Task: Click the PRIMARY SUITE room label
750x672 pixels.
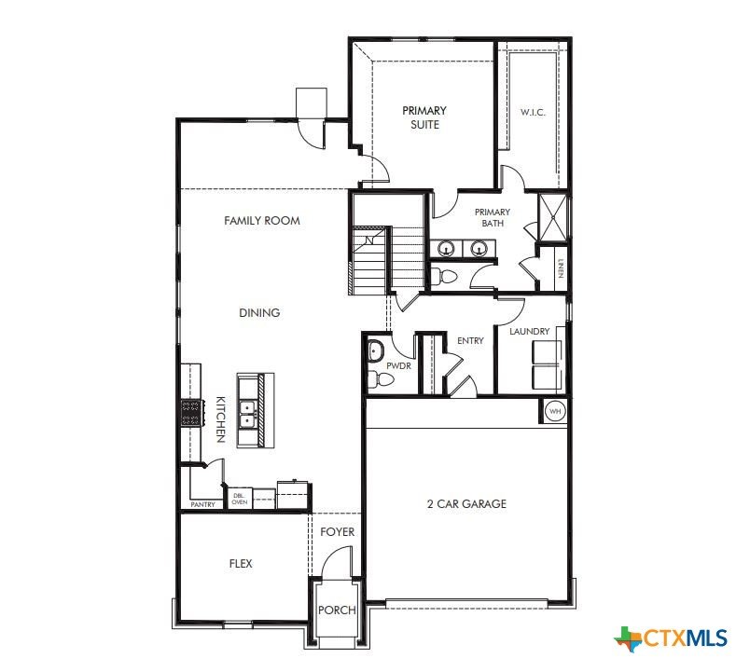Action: pyautogui.click(x=424, y=117)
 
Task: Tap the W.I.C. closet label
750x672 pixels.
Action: pyautogui.click(x=533, y=113)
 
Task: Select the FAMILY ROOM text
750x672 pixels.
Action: pyautogui.click(x=262, y=221)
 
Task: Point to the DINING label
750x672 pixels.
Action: pyautogui.click(x=259, y=312)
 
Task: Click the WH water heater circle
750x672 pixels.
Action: pyautogui.click(x=555, y=411)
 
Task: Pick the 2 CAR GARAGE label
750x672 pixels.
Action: pyautogui.click(x=466, y=503)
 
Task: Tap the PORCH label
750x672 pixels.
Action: pyautogui.click(x=337, y=610)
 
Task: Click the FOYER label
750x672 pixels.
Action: pyautogui.click(x=337, y=532)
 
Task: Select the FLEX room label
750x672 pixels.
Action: pyautogui.click(x=241, y=564)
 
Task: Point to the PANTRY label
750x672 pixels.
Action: pyautogui.click(x=202, y=505)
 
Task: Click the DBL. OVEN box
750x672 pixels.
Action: pyautogui.click(x=240, y=499)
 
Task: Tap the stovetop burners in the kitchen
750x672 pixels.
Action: pyautogui.click(x=190, y=413)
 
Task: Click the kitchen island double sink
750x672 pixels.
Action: pyautogui.click(x=248, y=415)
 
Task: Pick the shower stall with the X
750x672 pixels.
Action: pyautogui.click(x=553, y=217)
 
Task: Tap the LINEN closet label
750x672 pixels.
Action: pyautogui.click(x=561, y=268)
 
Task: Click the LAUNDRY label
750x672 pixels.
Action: pyautogui.click(x=530, y=331)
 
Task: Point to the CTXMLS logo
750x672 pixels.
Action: pyautogui.click(x=671, y=638)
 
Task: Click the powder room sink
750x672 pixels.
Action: pyautogui.click(x=376, y=350)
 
